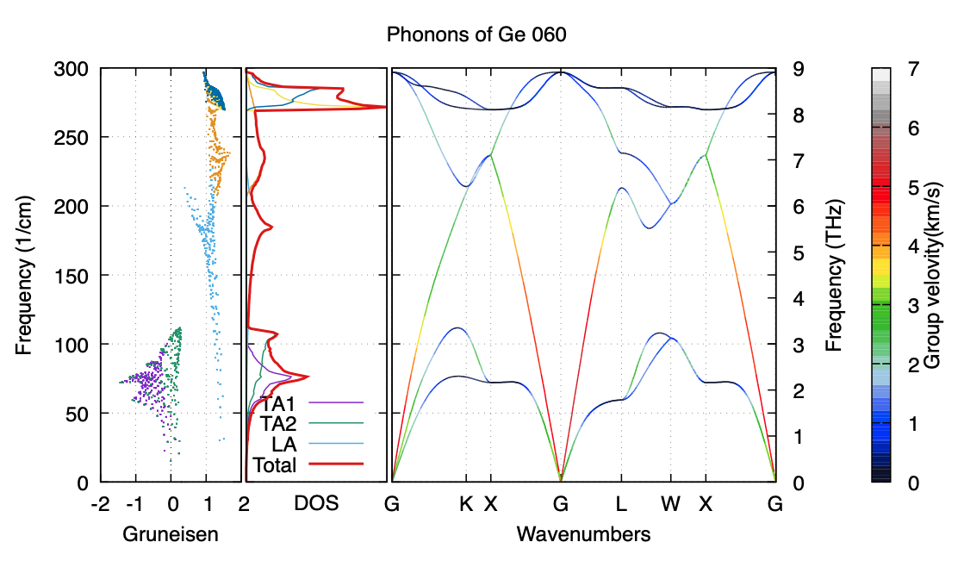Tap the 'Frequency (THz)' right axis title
832,276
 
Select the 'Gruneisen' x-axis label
171,534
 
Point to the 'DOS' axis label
316,504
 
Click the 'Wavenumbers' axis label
583,534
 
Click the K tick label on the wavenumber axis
466,504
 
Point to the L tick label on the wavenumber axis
620,504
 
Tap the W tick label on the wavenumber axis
670,504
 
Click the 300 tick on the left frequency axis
76,69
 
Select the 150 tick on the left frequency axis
76,276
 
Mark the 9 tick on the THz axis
800,69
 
